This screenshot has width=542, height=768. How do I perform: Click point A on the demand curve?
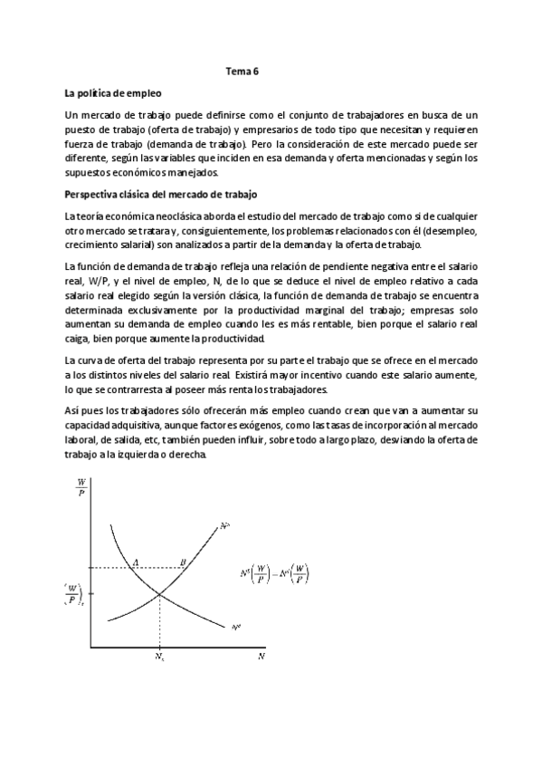tap(136, 562)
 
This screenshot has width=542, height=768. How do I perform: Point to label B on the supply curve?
tap(183, 562)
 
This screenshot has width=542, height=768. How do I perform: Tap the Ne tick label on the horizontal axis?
tap(160, 656)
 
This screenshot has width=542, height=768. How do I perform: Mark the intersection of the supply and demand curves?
tap(160, 594)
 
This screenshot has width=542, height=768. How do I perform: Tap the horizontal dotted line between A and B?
tap(159, 568)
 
